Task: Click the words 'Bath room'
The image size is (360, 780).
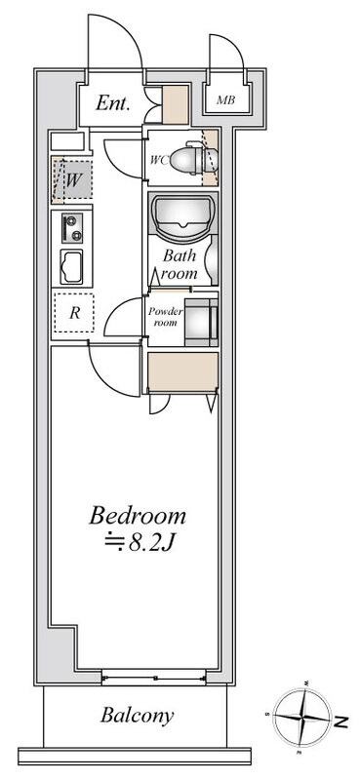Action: pos(180,265)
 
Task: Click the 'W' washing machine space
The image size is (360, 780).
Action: pos(73,179)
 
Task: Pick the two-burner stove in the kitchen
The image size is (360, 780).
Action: pos(71,229)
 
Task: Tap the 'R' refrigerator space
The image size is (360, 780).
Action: pos(73,314)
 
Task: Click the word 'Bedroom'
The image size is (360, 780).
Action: pos(138,514)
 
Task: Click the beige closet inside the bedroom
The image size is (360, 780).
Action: pos(182,371)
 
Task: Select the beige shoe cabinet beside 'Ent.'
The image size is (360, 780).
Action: pos(175,103)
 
